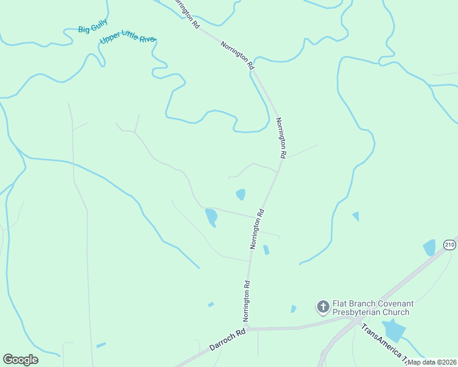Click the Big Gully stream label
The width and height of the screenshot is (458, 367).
[x=93, y=26]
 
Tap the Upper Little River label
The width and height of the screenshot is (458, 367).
[x=128, y=40]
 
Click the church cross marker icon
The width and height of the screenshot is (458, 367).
[x=323, y=306]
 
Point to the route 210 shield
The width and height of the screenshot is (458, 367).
[x=450, y=245]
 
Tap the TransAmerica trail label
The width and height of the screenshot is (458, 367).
[x=382, y=342]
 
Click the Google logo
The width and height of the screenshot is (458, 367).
[x=20, y=360]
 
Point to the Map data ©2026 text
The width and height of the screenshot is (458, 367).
[x=432, y=362]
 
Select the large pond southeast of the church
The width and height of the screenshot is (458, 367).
[x=393, y=331]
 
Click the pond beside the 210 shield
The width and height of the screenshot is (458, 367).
[x=429, y=248]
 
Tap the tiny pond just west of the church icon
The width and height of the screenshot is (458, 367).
[x=293, y=309]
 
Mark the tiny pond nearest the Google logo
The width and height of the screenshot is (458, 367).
[x=101, y=346]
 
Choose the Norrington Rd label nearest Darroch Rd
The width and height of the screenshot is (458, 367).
[x=247, y=301]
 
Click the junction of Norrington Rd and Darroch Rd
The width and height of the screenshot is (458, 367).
[x=248, y=328]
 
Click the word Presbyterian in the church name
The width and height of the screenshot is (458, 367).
[x=361, y=313]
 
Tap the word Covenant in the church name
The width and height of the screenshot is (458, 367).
[x=394, y=303]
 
